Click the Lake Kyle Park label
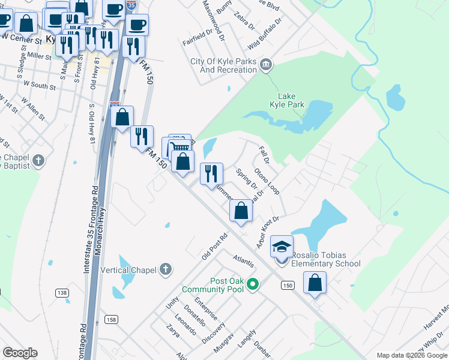(291, 100)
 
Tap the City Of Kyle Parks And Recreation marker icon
(267, 63)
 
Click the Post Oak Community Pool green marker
(253, 283)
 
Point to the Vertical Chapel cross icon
(166, 269)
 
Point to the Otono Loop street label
(267, 180)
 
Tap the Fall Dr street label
(262, 155)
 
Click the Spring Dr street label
(246, 181)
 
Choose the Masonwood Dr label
(213, 20)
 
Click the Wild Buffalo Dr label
(265, 34)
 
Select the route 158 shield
(113, 319)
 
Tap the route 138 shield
(61, 293)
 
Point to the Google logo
(20, 353)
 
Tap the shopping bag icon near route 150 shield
(315, 283)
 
